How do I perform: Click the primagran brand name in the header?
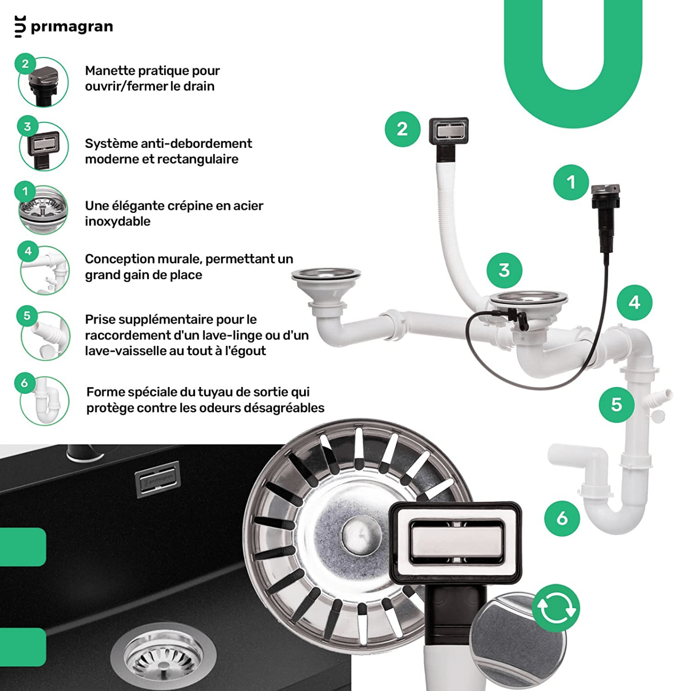72,27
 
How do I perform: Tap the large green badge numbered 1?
571,183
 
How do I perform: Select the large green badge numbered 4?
635,303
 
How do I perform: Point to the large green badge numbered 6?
562,518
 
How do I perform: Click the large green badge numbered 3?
504,270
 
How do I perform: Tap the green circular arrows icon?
556,608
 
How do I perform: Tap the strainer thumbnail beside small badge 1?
43,210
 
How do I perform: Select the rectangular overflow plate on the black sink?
157,479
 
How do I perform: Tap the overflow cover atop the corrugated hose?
448,131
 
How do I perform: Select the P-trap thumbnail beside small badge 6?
45,401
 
